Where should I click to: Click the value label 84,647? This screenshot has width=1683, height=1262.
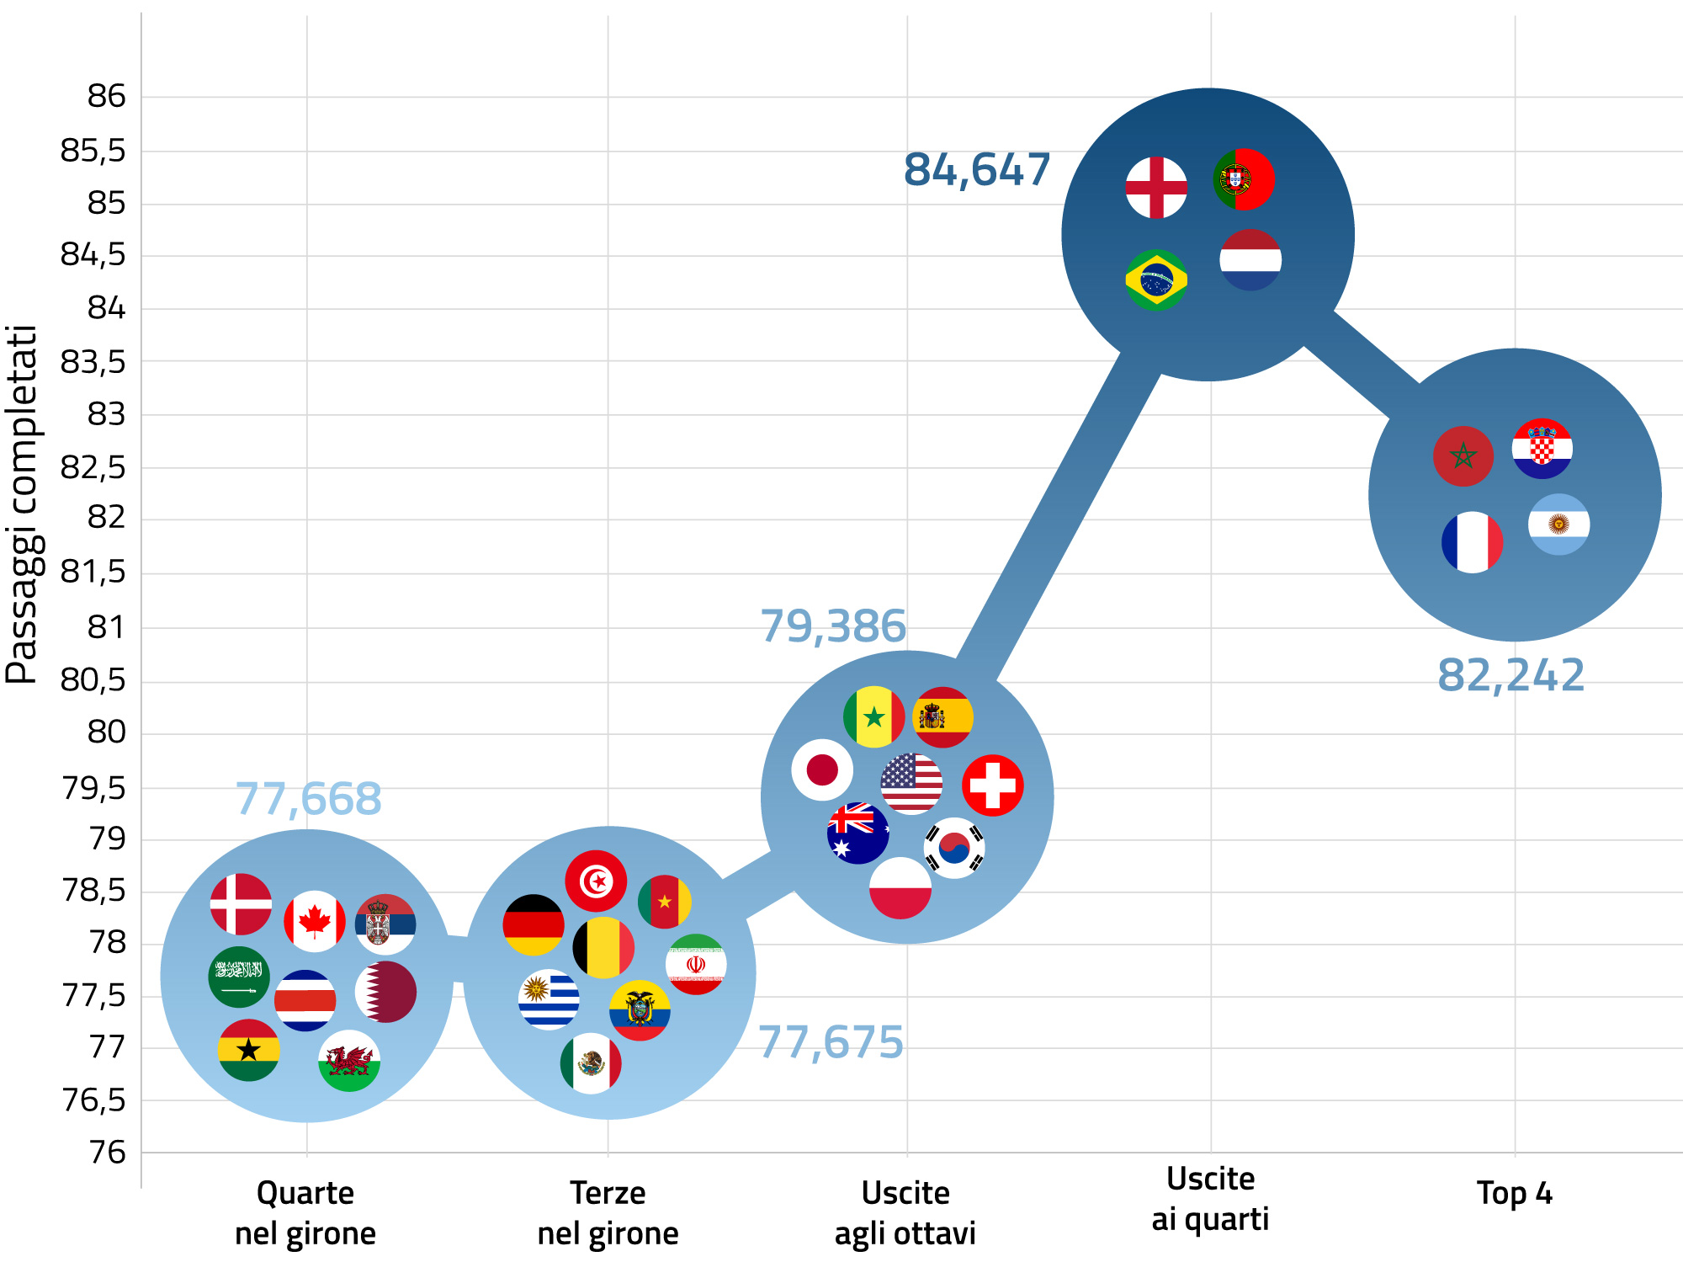coord(976,170)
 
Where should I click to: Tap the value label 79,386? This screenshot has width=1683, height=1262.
coord(833,626)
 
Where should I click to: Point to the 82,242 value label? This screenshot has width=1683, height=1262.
coord(1510,675)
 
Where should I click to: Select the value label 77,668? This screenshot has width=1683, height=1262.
coord(308,799)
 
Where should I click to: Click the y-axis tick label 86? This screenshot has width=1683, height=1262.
coord(106,96)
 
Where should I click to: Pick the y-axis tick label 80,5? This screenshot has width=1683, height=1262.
coord(93,679)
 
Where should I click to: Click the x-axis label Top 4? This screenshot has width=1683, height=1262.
coord(1514,1193)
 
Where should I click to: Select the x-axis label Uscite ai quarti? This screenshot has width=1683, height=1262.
coord(1210,1199)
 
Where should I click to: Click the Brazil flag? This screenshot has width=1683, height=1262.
coord(1156,280)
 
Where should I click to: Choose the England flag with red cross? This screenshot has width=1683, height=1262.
coord(1156,187)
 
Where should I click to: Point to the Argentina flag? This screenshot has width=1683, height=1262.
coord(1558,524)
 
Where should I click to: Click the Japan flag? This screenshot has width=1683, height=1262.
coord(822,769)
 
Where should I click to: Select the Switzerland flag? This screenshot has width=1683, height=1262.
coord(993,785)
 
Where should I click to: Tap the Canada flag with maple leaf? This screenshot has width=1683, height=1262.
coord(315,921)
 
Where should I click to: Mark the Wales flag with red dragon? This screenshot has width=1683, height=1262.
coord(349,1061)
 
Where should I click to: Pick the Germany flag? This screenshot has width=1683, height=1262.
coord(534,924)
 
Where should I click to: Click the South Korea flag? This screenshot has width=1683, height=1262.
coord(954,848)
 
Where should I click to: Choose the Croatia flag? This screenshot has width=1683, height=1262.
coord(1542,448)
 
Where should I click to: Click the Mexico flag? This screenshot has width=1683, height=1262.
coord(591,1063)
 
